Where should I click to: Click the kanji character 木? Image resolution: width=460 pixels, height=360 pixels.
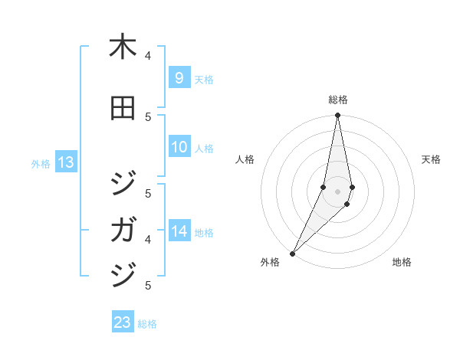[x=123, y=47]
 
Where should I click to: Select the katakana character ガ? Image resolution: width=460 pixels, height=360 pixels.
[x=123, y=230]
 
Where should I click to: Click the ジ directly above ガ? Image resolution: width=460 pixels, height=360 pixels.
[x=123, y=185]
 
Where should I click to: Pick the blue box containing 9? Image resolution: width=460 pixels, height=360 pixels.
[x=179, y=77]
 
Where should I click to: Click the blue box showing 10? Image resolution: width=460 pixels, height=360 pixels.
[x=179, y=147]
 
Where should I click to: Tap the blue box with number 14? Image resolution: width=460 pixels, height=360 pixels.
[x=179, y=231]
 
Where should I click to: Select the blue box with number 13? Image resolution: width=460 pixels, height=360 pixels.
[x=65, y=162]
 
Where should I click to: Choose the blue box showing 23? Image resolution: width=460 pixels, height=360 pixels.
[x=123, y=322]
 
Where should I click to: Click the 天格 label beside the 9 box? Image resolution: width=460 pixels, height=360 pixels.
[x=204, y=79]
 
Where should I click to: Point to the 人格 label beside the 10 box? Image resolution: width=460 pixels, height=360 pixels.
[x=204, y=148]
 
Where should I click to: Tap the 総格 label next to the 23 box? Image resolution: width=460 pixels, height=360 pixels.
[x=147, y=324]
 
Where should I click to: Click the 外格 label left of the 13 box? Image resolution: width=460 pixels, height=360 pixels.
[x=41, y=163]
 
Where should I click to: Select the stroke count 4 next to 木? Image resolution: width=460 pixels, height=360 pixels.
[x=148, y=55]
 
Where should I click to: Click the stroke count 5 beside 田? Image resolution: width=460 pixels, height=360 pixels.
[x=148, y=116]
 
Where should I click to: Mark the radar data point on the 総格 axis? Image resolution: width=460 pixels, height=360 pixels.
[x=337, y=116]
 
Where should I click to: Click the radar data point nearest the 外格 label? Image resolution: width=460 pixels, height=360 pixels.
[x=292, y=253]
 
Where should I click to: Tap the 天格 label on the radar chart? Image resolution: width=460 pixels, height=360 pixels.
[x=431, y=159]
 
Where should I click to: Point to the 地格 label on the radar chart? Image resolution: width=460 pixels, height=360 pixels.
[x=402, y=262]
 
